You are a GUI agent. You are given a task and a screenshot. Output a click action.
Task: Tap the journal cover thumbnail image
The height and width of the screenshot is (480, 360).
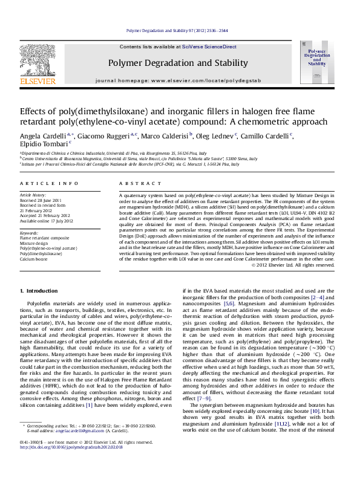pos(313,62)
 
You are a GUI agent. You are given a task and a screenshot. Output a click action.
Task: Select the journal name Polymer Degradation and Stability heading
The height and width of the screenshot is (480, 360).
pos(178,63)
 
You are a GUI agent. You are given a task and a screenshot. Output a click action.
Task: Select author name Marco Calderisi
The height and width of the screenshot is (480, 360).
pos(165,135)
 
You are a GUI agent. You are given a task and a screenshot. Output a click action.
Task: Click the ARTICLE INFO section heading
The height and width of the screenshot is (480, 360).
pos(49,183)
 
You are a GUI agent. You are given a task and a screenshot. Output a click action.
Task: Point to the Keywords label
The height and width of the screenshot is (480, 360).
pos(30,233)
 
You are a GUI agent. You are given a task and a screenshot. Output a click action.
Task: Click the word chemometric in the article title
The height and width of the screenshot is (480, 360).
pos(270,122)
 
